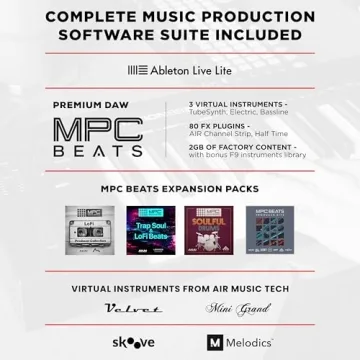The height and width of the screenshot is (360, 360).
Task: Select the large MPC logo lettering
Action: tap(98, 129)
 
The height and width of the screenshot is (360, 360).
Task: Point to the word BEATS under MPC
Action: tap(98, 152)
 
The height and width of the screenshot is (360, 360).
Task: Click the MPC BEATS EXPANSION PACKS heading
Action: tap(180, 188)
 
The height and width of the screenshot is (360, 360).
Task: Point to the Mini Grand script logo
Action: tap(232, 310)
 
